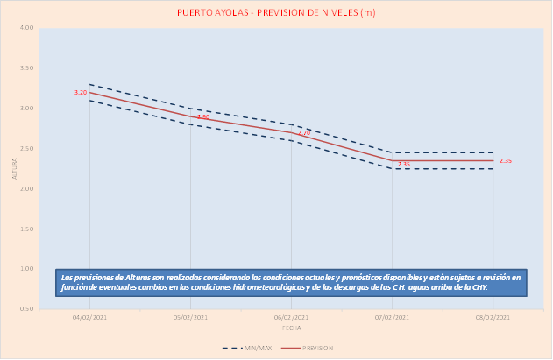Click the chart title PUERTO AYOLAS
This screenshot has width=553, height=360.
point(276,12)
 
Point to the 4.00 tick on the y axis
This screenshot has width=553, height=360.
point(27,28)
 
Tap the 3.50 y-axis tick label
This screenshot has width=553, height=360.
point(27,68)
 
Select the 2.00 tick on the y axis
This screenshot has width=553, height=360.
point(27,189)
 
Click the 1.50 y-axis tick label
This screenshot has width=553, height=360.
point(27,229)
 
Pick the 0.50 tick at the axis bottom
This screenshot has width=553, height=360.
point(27,309)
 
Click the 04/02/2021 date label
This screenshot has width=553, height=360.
point(89,317)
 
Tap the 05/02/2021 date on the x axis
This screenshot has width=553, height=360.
point(190,317)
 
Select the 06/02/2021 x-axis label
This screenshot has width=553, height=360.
point(291,317)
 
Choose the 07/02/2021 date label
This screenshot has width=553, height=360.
point(392,317)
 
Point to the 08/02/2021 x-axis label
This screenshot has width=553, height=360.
point(493,317)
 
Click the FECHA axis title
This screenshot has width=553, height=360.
point(291,328)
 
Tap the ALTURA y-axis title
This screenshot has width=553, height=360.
point(14,169)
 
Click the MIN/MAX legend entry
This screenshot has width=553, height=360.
point(251,348)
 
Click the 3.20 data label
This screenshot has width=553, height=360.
point(81,92)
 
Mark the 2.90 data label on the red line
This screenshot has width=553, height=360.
point(203,116)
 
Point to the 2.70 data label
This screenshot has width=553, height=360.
point(304,133)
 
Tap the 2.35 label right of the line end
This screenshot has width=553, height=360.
point(506,160)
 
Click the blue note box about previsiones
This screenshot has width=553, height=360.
point(291,282)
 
